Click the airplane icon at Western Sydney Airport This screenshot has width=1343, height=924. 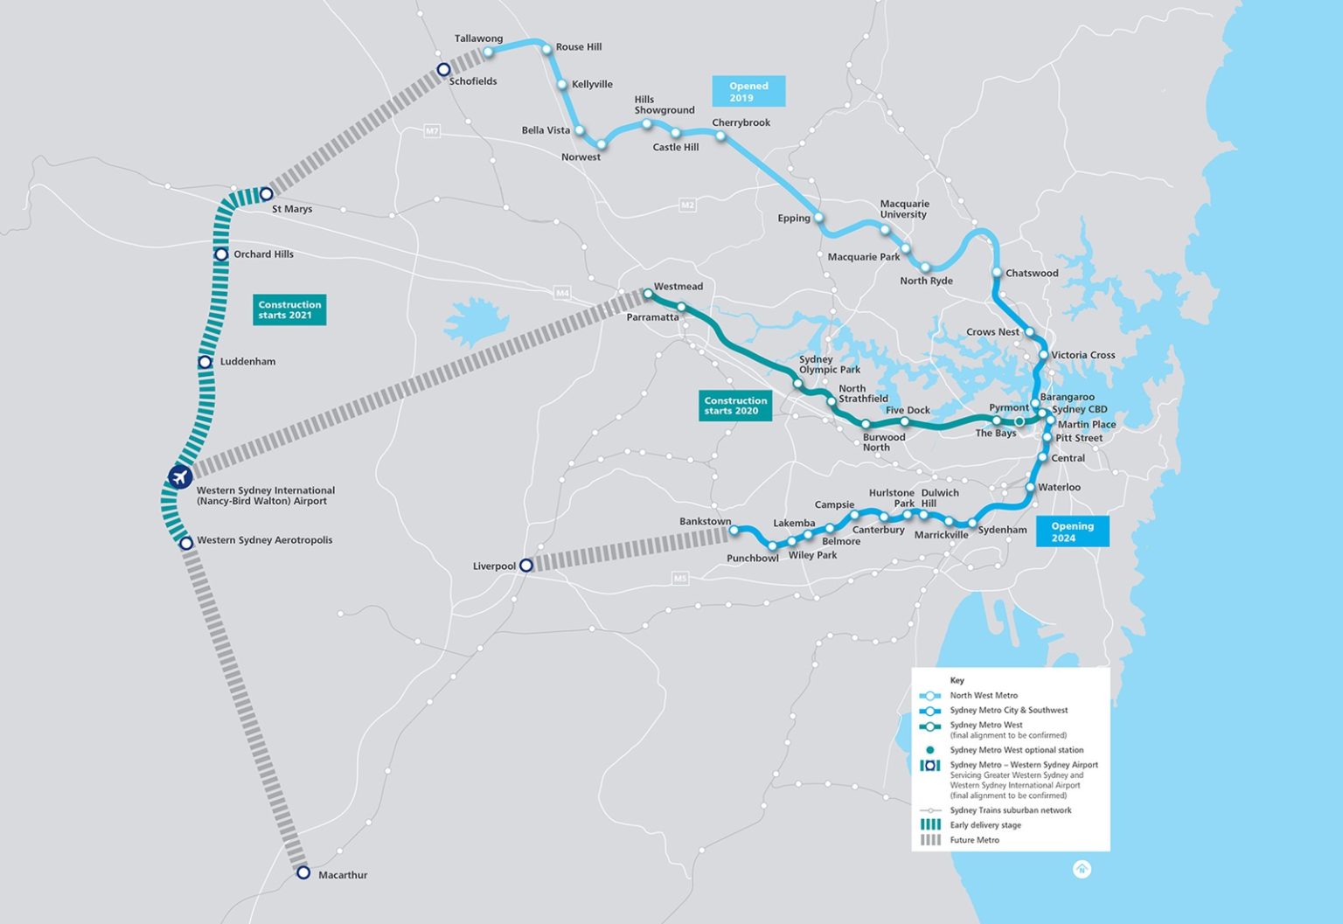180,477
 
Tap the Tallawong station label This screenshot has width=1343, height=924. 478,38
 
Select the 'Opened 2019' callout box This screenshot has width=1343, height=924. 748,92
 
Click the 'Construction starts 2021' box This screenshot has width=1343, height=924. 289,309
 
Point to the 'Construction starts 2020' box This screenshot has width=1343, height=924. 735,406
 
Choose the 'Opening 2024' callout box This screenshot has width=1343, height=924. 1072,531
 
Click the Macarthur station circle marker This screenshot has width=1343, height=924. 303,872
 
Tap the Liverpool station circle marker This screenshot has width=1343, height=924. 525,566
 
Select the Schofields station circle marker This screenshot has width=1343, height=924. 443,70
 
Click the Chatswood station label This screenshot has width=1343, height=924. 1032,273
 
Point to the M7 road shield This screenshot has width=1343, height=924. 432,131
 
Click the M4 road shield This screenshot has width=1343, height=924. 562,293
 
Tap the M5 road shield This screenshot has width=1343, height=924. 680,578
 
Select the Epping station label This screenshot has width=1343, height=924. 794,219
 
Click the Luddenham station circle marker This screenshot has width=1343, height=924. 205,362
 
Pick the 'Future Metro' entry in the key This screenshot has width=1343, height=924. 974,840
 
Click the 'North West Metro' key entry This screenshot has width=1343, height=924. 984,696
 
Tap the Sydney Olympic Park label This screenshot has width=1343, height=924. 829,365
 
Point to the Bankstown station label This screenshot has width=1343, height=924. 705,522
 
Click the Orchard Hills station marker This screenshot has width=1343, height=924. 221,254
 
